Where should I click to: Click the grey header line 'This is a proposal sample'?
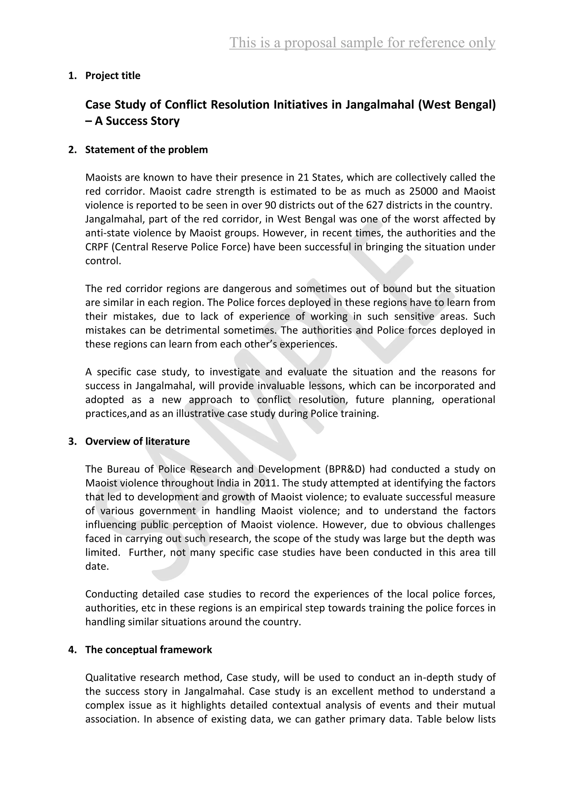pos(362,43)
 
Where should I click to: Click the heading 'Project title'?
pos(113,76)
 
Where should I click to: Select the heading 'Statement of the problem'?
pos(147,150)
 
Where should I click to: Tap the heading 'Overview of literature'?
pos(137,441)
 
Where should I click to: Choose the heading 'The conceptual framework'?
pos(149,649)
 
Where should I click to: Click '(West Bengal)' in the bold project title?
pos(457,105)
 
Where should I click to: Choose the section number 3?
pos(72,441)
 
